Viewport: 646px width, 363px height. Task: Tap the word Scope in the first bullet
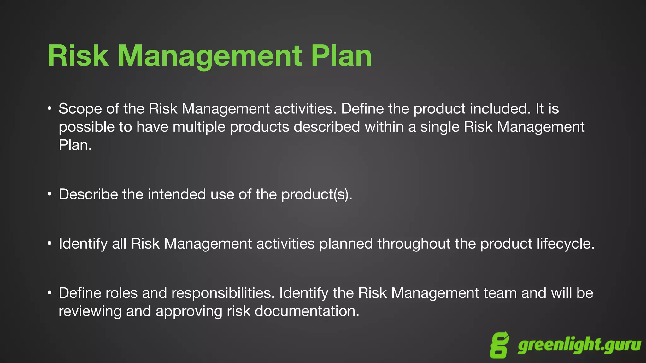point(80,109)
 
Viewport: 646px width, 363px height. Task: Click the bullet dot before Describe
point(50,194)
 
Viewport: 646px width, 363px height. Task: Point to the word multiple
point(199,127)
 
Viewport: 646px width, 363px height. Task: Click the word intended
point(177,194)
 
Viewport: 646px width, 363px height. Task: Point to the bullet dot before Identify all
point(50,243)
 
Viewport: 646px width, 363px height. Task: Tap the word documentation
point(307,311)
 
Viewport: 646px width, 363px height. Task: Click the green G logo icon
point(499,345)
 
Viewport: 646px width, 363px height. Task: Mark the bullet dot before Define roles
point(50,293)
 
